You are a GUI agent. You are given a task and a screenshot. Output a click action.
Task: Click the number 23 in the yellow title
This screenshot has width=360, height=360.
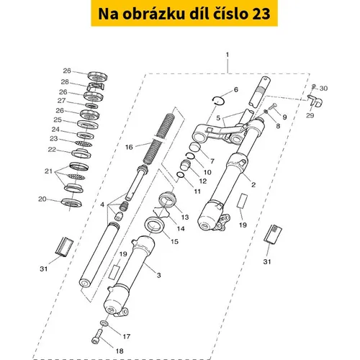261,14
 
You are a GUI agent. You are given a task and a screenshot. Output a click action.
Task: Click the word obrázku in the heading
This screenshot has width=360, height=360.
154,14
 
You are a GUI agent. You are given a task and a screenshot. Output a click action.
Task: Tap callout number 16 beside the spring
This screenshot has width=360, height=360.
129,147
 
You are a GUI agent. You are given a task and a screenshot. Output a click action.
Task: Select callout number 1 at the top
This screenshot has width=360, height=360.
228,55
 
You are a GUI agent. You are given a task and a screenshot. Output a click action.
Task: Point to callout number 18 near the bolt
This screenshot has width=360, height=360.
120,351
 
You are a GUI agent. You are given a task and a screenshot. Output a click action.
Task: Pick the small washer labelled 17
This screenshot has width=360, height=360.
104,323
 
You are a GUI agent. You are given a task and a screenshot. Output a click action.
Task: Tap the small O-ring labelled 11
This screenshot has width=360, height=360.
181,175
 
